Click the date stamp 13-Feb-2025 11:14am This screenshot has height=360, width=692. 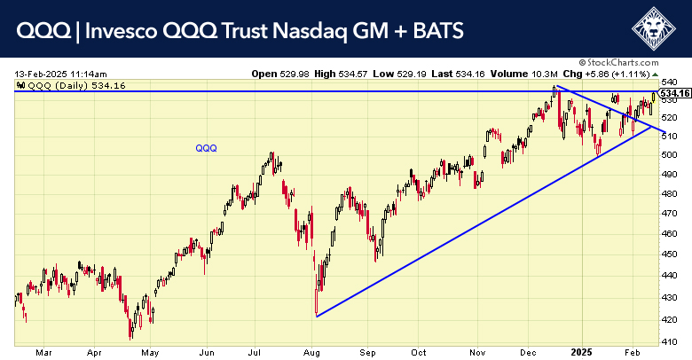pyautogui.click(x=60, y=74)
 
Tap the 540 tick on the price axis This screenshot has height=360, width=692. pyautogui.click(x=675, y=82)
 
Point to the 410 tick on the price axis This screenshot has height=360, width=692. pyautogui.click(x=675, y=340)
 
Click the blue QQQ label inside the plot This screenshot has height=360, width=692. pyautogui.click(x=207, y=148)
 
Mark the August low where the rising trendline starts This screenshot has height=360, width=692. pyautogui.click(x=316, y=316)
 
